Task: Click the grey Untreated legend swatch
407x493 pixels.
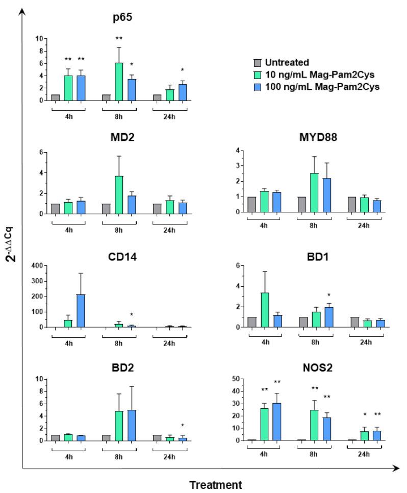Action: (258, 63)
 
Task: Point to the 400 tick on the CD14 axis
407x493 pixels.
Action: (37, 265)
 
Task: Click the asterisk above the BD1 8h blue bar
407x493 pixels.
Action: (329, 295)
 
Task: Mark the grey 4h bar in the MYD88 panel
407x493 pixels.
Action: (252, 205)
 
